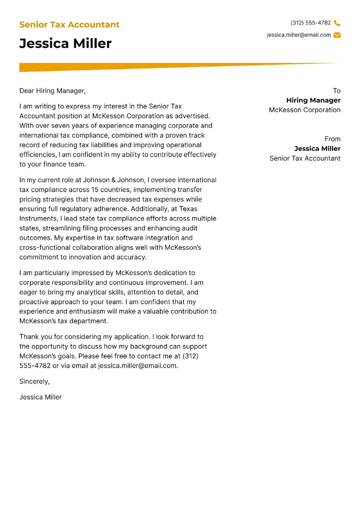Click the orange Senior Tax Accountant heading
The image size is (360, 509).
69,25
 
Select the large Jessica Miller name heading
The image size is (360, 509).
65,44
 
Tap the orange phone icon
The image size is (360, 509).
337,23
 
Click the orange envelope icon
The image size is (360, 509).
337,35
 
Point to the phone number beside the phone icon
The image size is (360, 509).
310,23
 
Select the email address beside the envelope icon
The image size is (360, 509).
298,35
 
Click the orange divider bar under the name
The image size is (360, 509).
135,67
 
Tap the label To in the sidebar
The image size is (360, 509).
337,91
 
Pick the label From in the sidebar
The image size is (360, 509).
333,139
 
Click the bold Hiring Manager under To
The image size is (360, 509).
313,100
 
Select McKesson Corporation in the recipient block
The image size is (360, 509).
305,110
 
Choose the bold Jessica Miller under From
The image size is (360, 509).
317,149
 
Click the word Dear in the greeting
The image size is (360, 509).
27,91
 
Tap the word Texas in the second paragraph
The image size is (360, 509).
188,209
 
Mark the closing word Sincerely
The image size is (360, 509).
34,382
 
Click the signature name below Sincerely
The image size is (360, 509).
40,397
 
